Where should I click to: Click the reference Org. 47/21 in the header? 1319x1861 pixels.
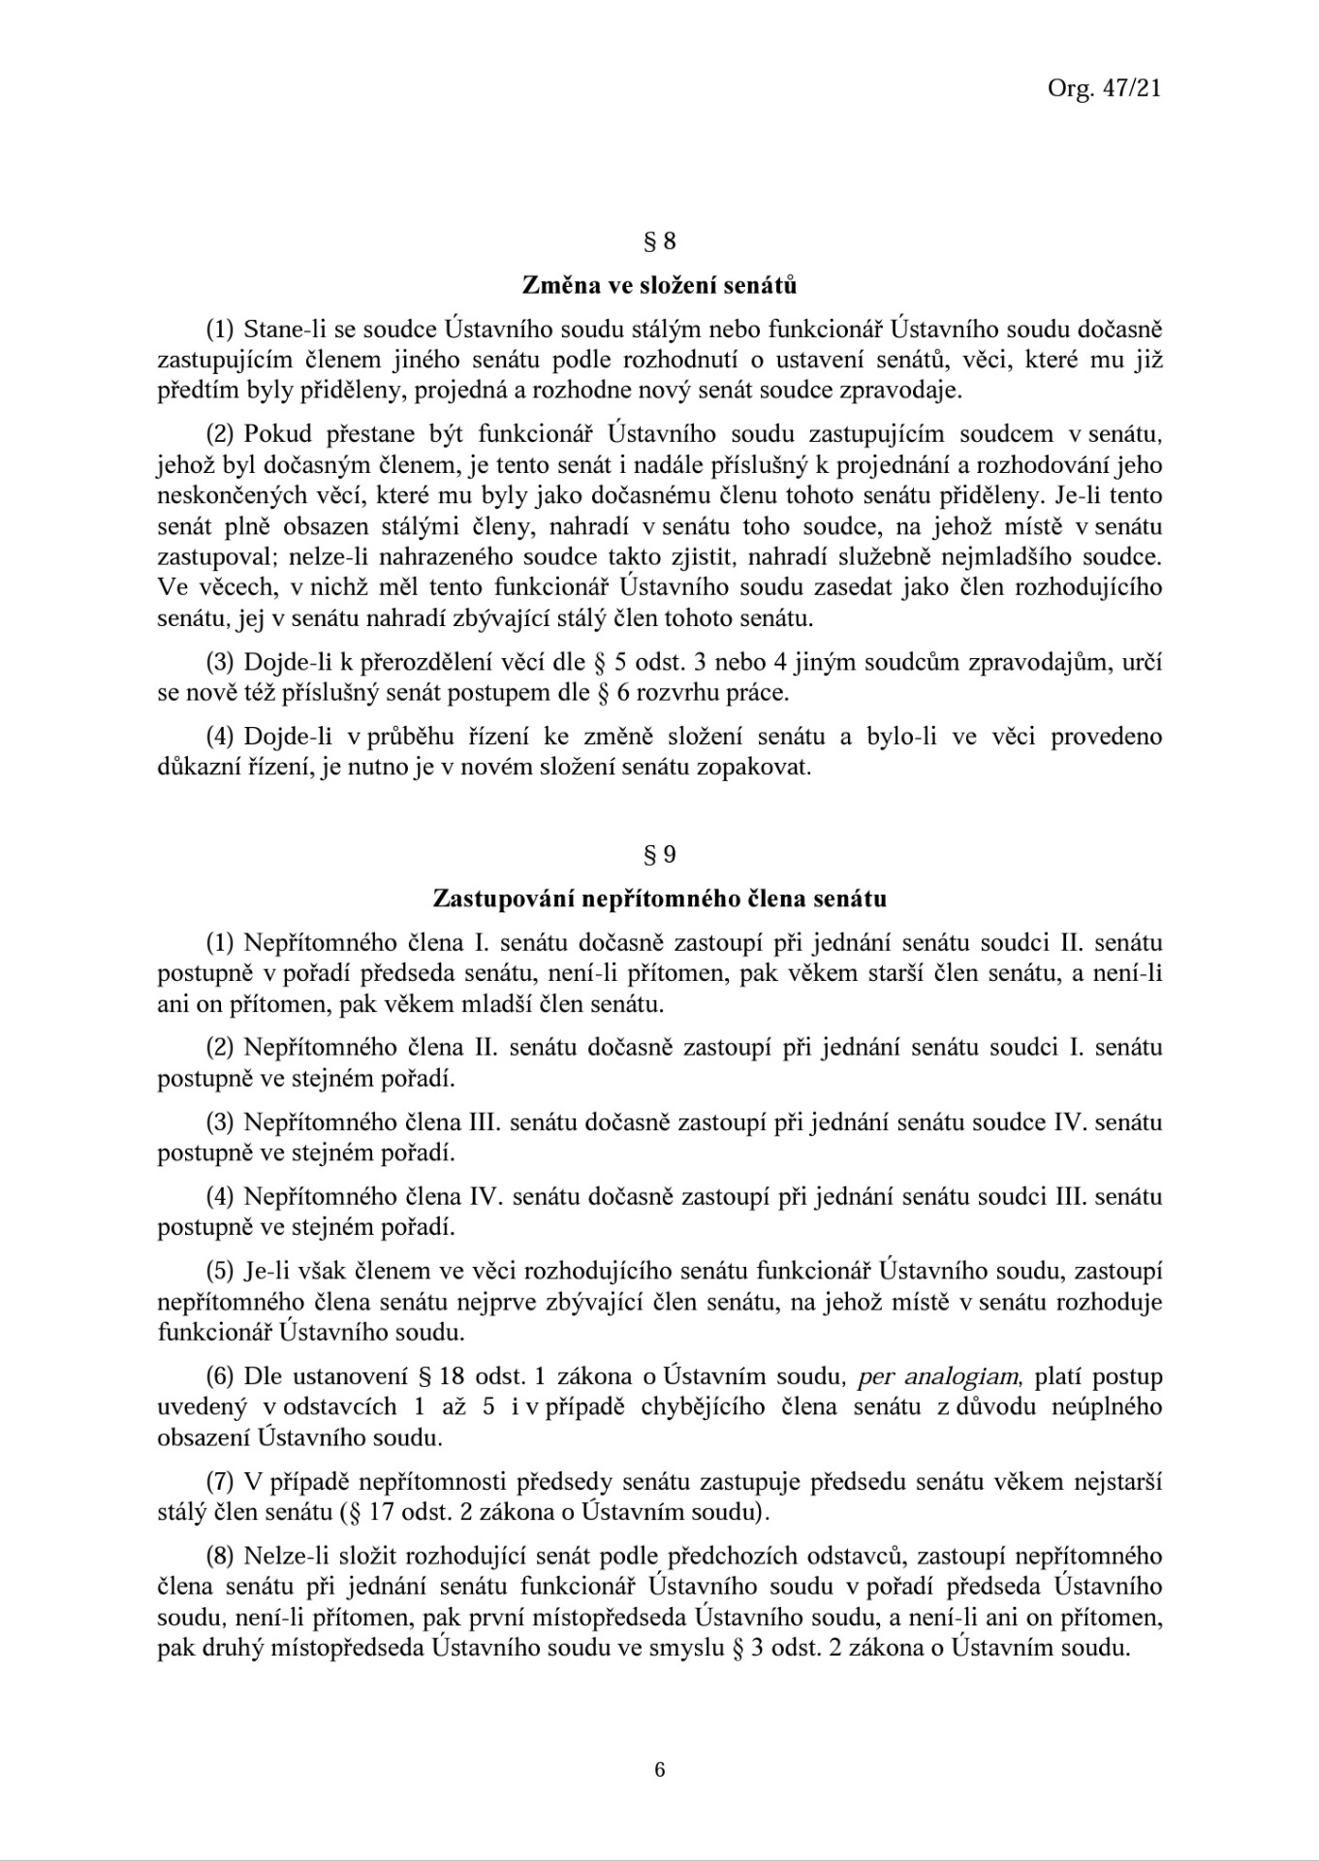1104,88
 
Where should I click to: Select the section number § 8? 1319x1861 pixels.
659,241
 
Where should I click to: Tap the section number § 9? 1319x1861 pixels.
659,854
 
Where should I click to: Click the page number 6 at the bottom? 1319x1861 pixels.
660,1769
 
